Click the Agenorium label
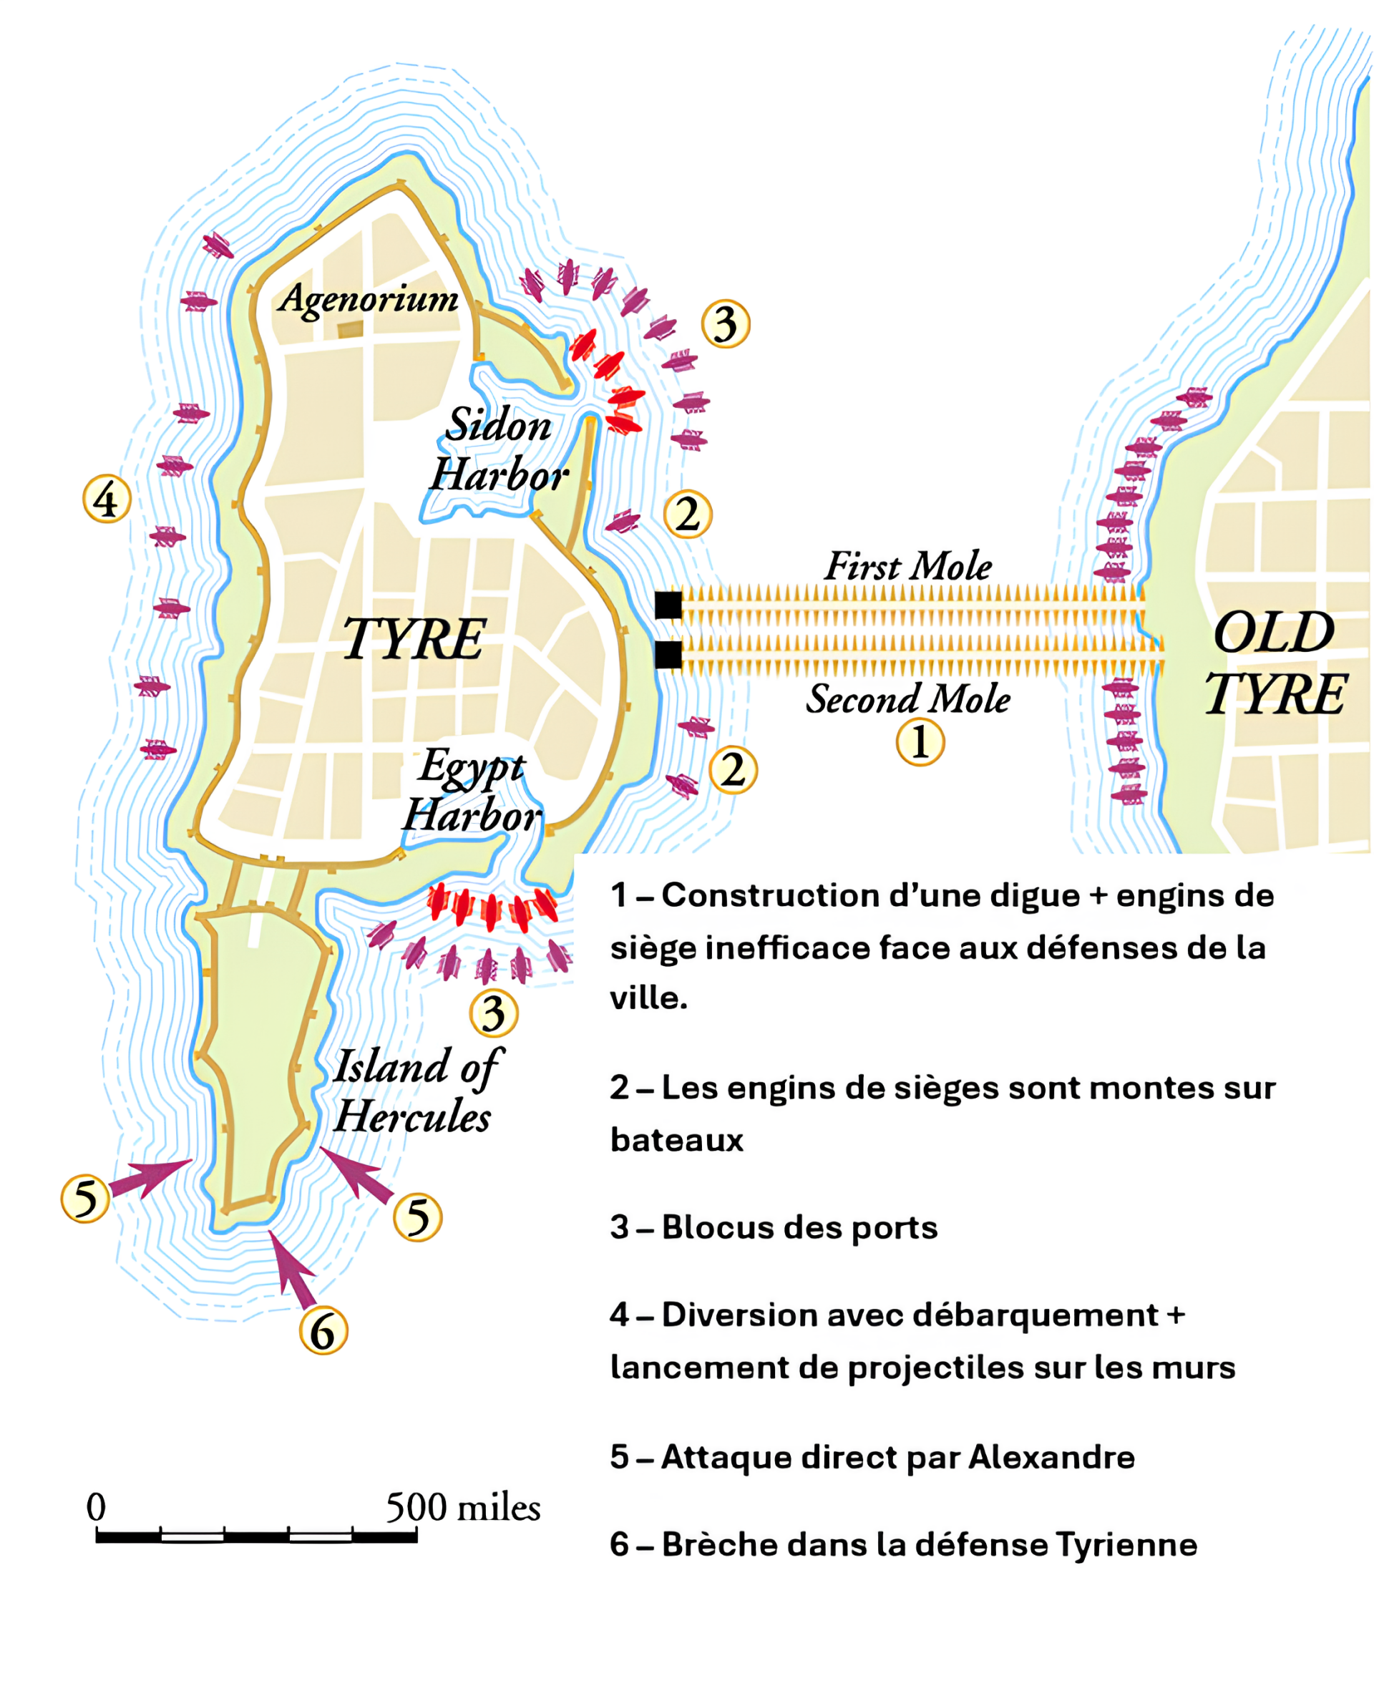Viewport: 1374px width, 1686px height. point(368,299)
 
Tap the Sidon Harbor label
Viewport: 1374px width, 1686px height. point(499,449)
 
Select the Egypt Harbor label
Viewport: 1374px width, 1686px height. point(472,791)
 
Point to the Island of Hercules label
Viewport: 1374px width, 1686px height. point(415,1091)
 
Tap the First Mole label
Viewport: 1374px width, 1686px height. point(908,567)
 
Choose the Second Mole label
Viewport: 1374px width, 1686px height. point(908,699)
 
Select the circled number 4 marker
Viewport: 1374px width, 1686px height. point(107,499)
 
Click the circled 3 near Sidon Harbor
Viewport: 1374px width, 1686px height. point(726,323)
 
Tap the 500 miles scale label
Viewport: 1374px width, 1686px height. point(463,1508)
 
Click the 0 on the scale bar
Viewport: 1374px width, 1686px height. point(96,1506)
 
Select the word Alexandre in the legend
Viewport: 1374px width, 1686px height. point(1052,1457)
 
